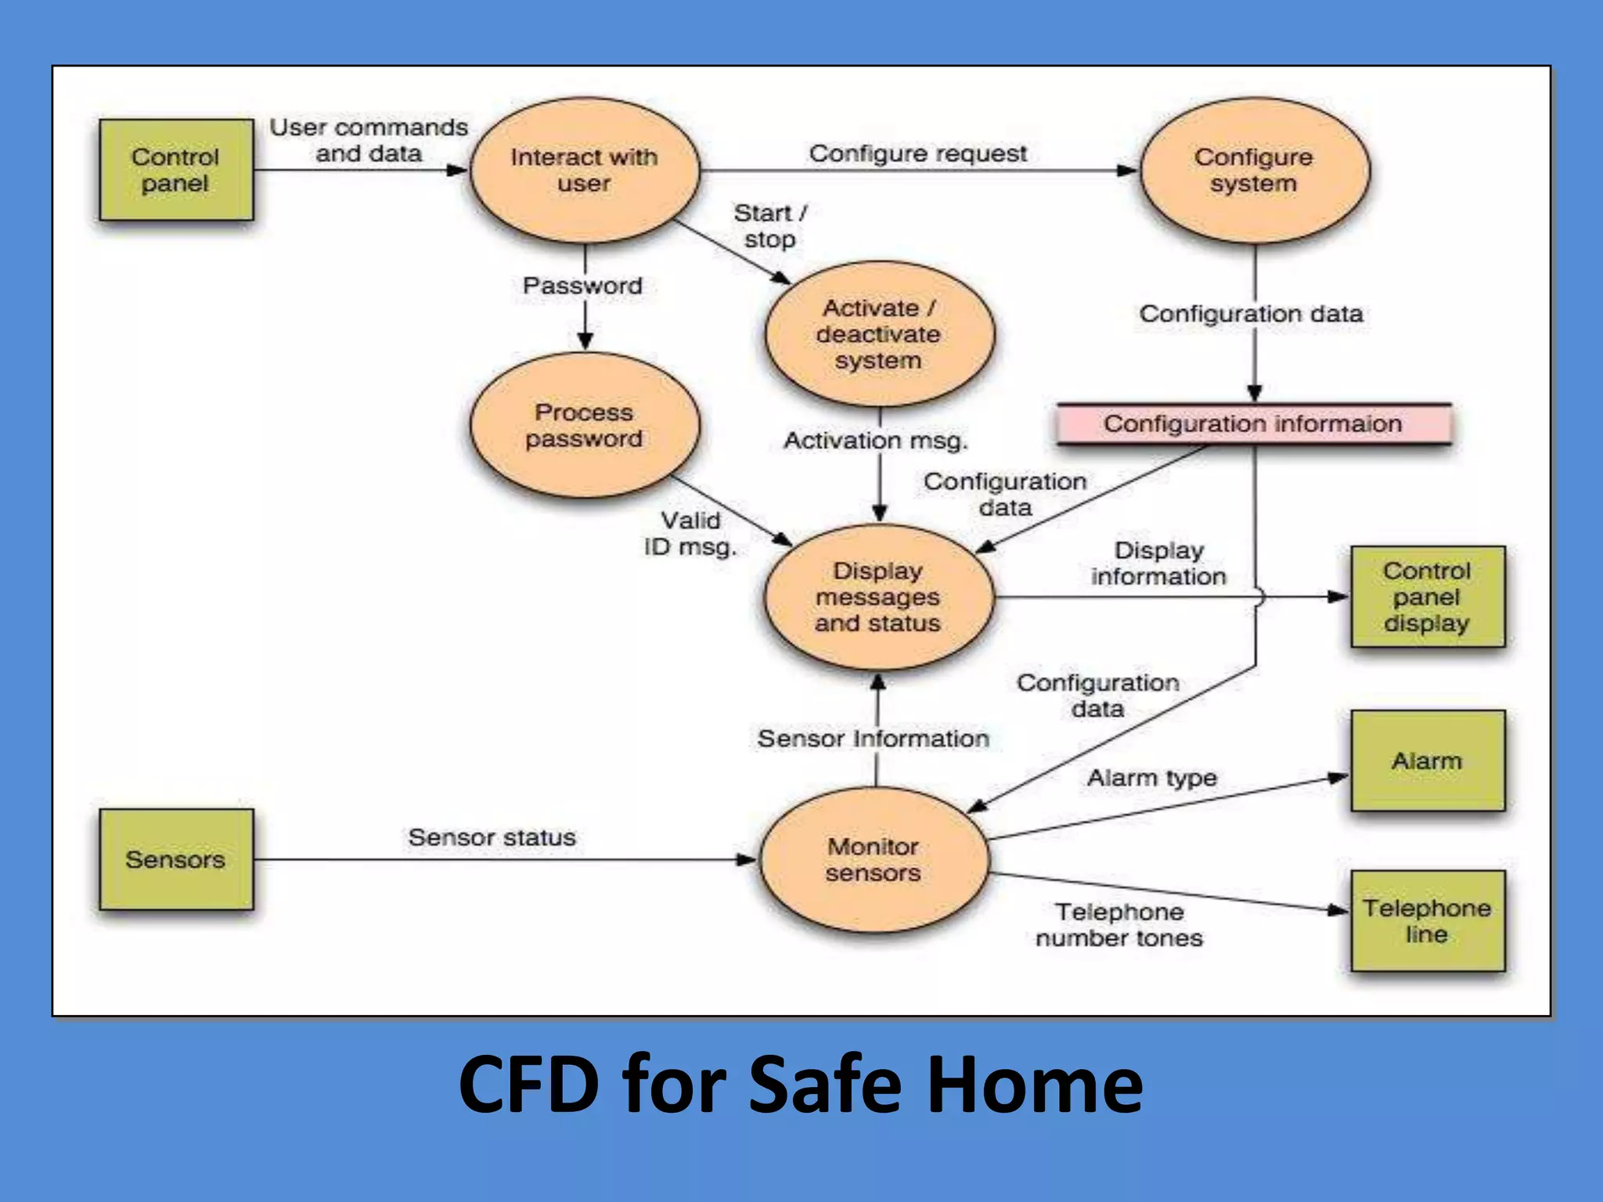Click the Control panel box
coord(176,170)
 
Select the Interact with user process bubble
coord(584,170)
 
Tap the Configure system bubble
coord(1254,170)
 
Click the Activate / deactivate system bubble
coord(878,334)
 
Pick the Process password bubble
coord(584,425)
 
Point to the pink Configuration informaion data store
coord(1253,424)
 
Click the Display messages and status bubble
coord(877,597)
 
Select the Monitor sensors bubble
coord(874,859)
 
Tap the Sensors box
coord(176,859)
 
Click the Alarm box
coord(1427,761)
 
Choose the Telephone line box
coord(1427,921)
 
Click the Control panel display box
coord(1427,597)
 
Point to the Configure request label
coord(917,153)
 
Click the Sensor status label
coord(492,837)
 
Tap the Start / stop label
coord(770,225)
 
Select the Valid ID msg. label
coord(690,534)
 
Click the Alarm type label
coord(1152,778)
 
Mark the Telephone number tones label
coord(1119,925)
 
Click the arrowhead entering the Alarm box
coord(1339,778)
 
